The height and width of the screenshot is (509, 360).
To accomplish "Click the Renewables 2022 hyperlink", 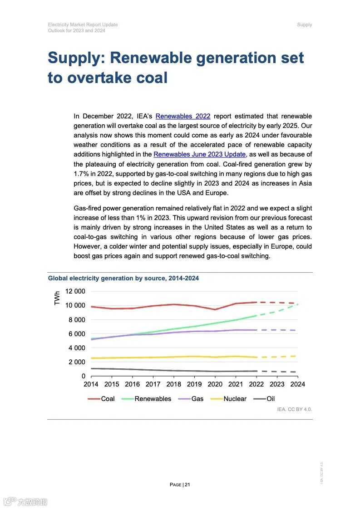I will pos(182,116).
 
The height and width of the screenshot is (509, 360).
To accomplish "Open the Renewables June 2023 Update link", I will pos(199,154).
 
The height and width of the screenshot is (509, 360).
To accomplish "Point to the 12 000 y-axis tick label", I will pos(75,291).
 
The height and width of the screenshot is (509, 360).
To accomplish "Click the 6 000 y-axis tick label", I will pos(77,334).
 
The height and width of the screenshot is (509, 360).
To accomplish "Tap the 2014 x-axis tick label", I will pos(91,384).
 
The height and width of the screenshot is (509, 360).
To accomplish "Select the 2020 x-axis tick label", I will pos(215,384).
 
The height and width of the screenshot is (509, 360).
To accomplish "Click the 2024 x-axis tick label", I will pos(297,384).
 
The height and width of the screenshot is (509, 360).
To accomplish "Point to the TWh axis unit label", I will pos(57,298).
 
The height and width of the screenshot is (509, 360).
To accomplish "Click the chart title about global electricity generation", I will pos(123,278).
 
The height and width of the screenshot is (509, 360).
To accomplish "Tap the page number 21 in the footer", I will pos(187,485).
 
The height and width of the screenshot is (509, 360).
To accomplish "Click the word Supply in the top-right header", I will pos(305,24).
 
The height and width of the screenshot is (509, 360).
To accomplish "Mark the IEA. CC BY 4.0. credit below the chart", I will pos(295,409).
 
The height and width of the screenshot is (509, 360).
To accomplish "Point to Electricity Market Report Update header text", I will pos(83,24).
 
